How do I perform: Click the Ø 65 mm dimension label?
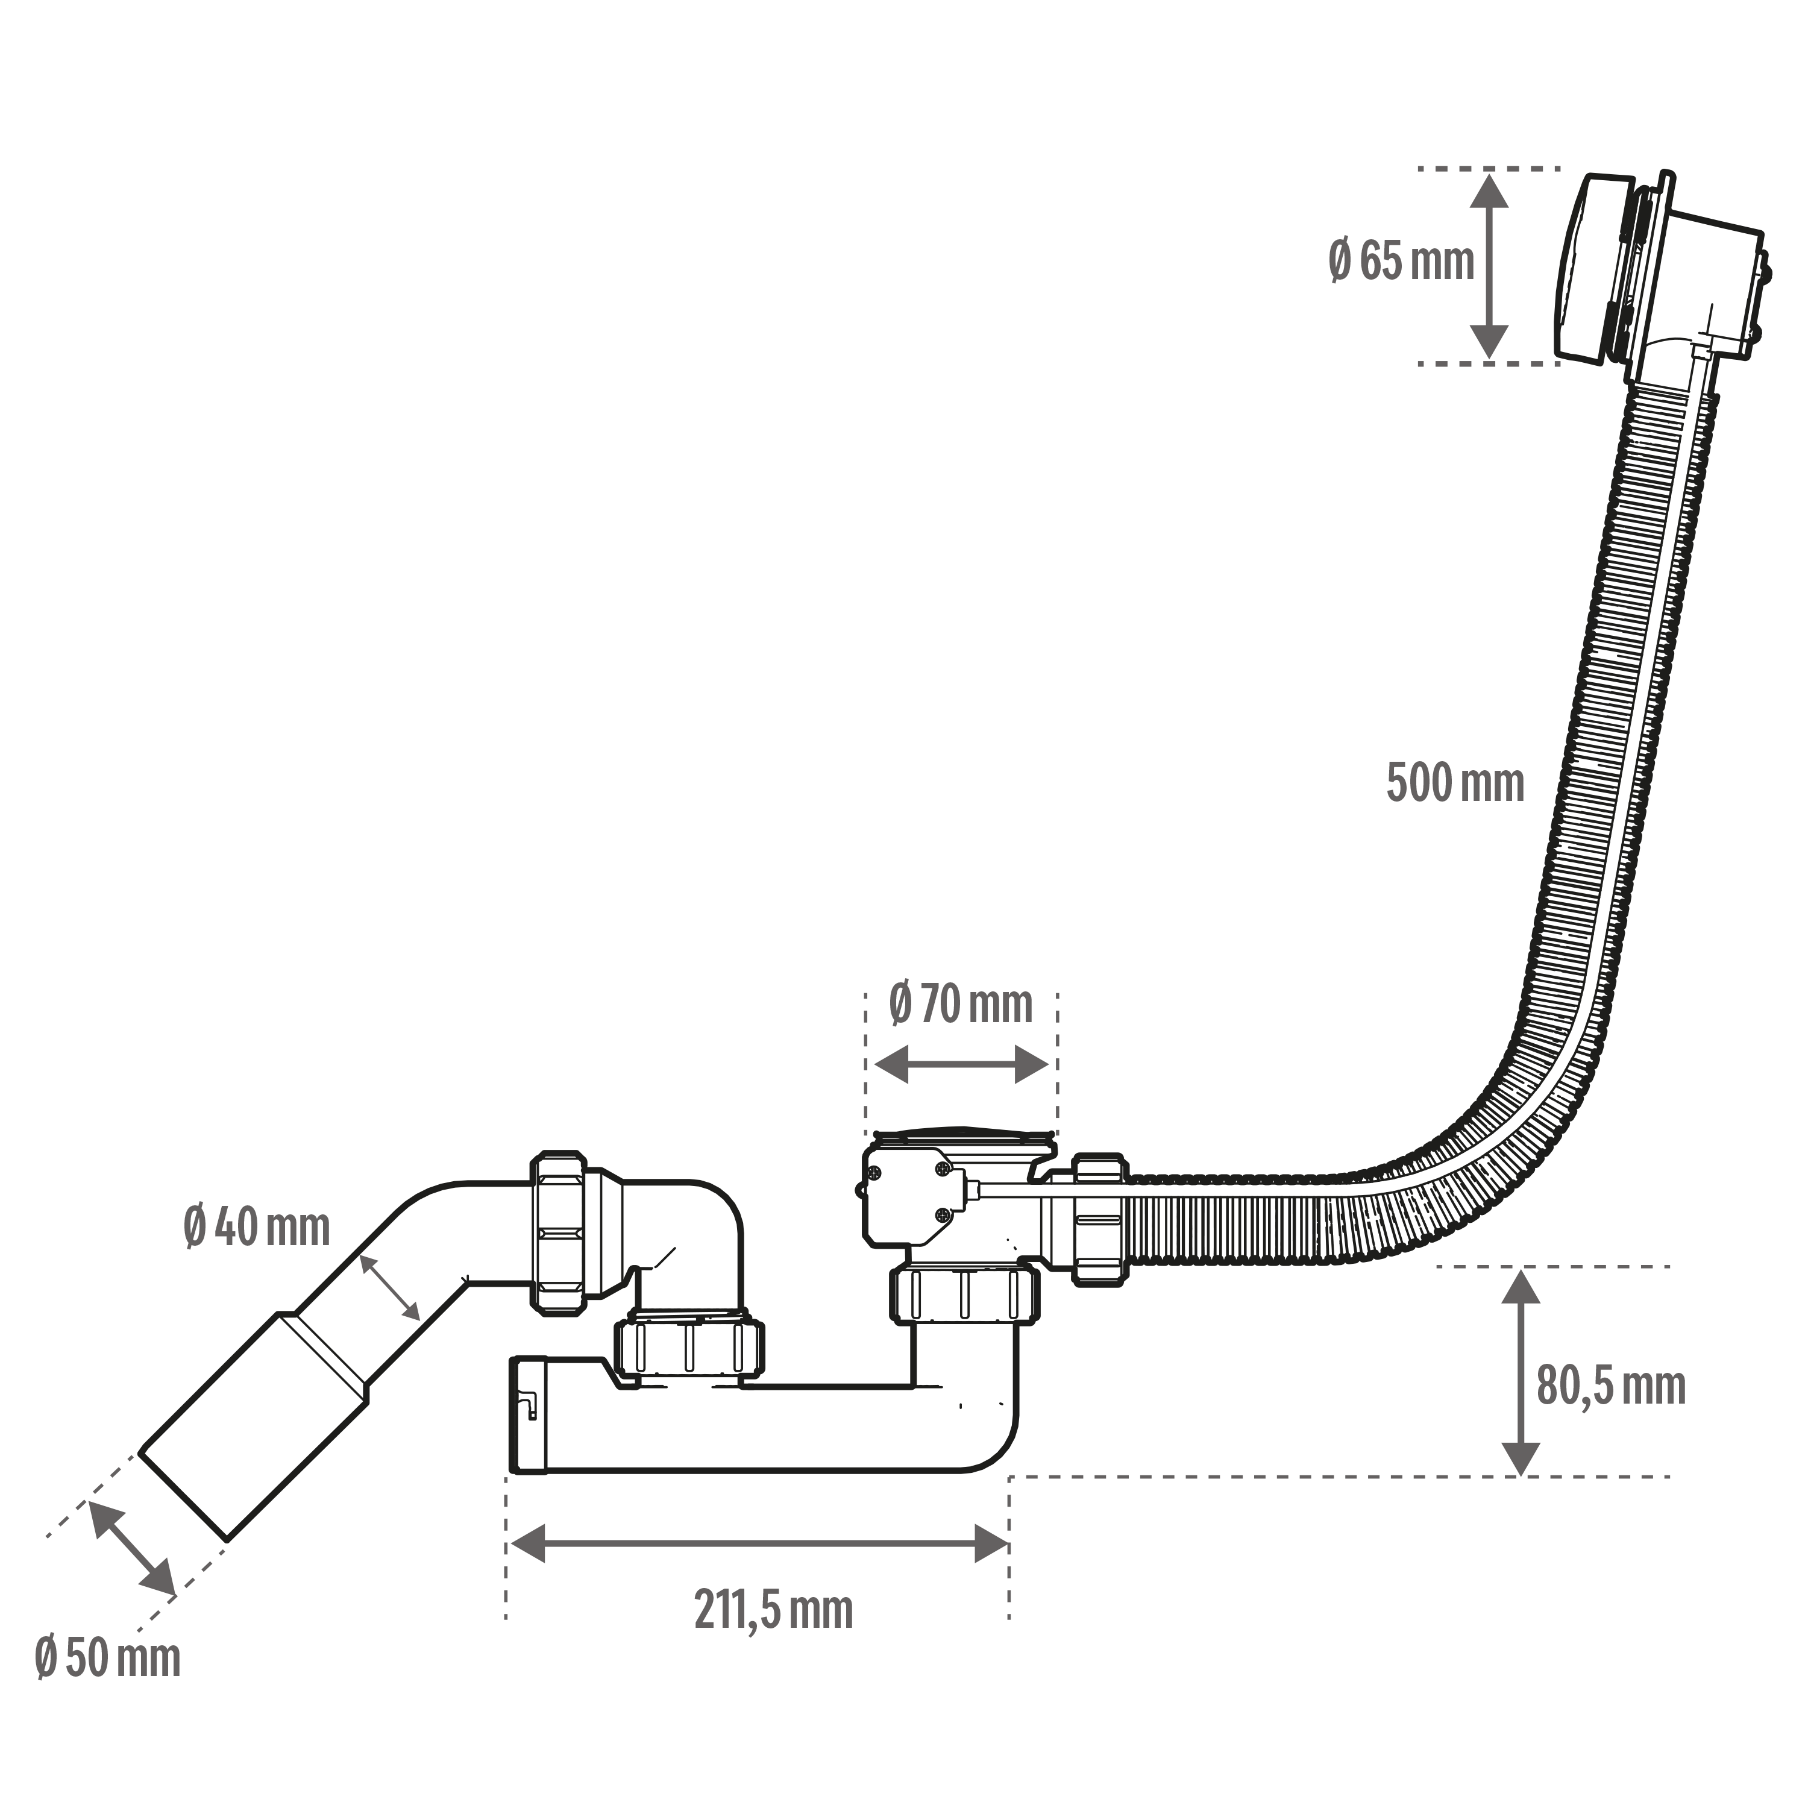[1401, 260]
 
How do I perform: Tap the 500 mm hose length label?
[1455, 782]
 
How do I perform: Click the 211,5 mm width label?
[774, 1610]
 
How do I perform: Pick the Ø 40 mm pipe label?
[257, 1227]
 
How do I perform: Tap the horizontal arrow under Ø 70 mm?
[961, 1065]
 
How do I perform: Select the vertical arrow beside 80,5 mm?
[1520, 1373]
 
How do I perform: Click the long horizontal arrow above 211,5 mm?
[757, 1543]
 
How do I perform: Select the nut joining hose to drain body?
[1100, 1219]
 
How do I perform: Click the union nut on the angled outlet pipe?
[559, 1234]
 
